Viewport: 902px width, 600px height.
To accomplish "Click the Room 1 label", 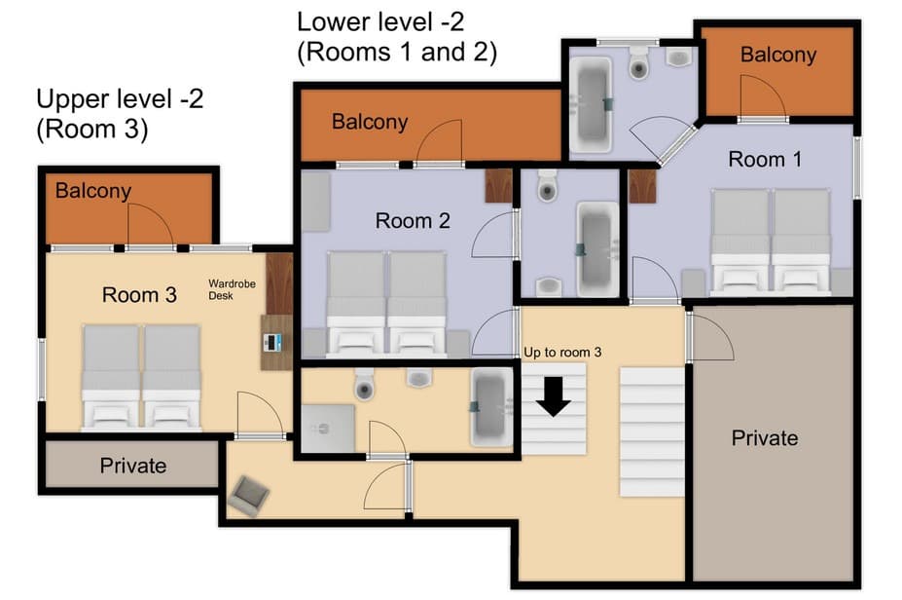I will click(765, 159).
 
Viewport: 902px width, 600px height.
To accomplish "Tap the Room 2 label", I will click(413, 221).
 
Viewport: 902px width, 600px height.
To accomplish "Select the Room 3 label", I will click(139, 294).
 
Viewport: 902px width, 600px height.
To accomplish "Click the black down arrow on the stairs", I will click(555, 395).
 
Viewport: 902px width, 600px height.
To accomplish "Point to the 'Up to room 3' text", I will click(562, 352).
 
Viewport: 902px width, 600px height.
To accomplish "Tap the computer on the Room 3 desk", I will click(274, 342).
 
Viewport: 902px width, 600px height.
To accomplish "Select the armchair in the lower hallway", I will click(247, 496).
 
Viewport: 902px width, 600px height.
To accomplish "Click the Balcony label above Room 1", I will click(777, 55).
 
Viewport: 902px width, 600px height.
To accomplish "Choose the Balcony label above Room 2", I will click(369, 122).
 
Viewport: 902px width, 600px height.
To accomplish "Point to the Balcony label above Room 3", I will click(92, 191).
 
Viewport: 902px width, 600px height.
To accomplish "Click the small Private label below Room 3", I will click(133, 466).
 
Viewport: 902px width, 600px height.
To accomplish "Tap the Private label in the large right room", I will click(764, 438).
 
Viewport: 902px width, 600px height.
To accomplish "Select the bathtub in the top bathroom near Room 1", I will click(590, 104).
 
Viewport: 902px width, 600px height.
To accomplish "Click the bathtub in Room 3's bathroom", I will click(490, 408).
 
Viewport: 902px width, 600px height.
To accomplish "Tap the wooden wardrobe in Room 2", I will click(498, 186).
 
